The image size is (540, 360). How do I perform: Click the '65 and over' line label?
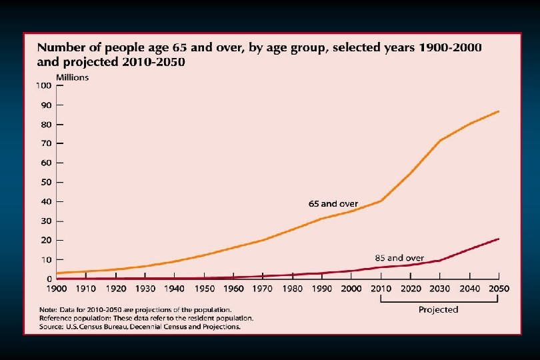click(333, 203)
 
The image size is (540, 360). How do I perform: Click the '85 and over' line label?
click(399, 257)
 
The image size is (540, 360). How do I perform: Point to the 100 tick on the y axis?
click(45, 86)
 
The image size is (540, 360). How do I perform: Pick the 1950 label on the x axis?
click(205, 289)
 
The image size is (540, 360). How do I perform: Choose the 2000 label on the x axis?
click(352, 289)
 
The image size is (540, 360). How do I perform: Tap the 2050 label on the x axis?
click(499, 289)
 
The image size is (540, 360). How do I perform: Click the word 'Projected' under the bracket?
click(438, 309)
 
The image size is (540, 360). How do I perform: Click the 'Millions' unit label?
click(72, 77)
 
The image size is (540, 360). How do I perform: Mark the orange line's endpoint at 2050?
click(499, 111)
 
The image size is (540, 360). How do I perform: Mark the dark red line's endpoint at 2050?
click(499, 239)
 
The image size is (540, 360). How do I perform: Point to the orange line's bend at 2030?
click(440, 141)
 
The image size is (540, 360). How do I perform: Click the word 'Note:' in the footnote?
click(47, 309)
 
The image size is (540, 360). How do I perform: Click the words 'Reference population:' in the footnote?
click(77, 319)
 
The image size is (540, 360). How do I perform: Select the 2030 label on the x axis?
click(440, 289)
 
